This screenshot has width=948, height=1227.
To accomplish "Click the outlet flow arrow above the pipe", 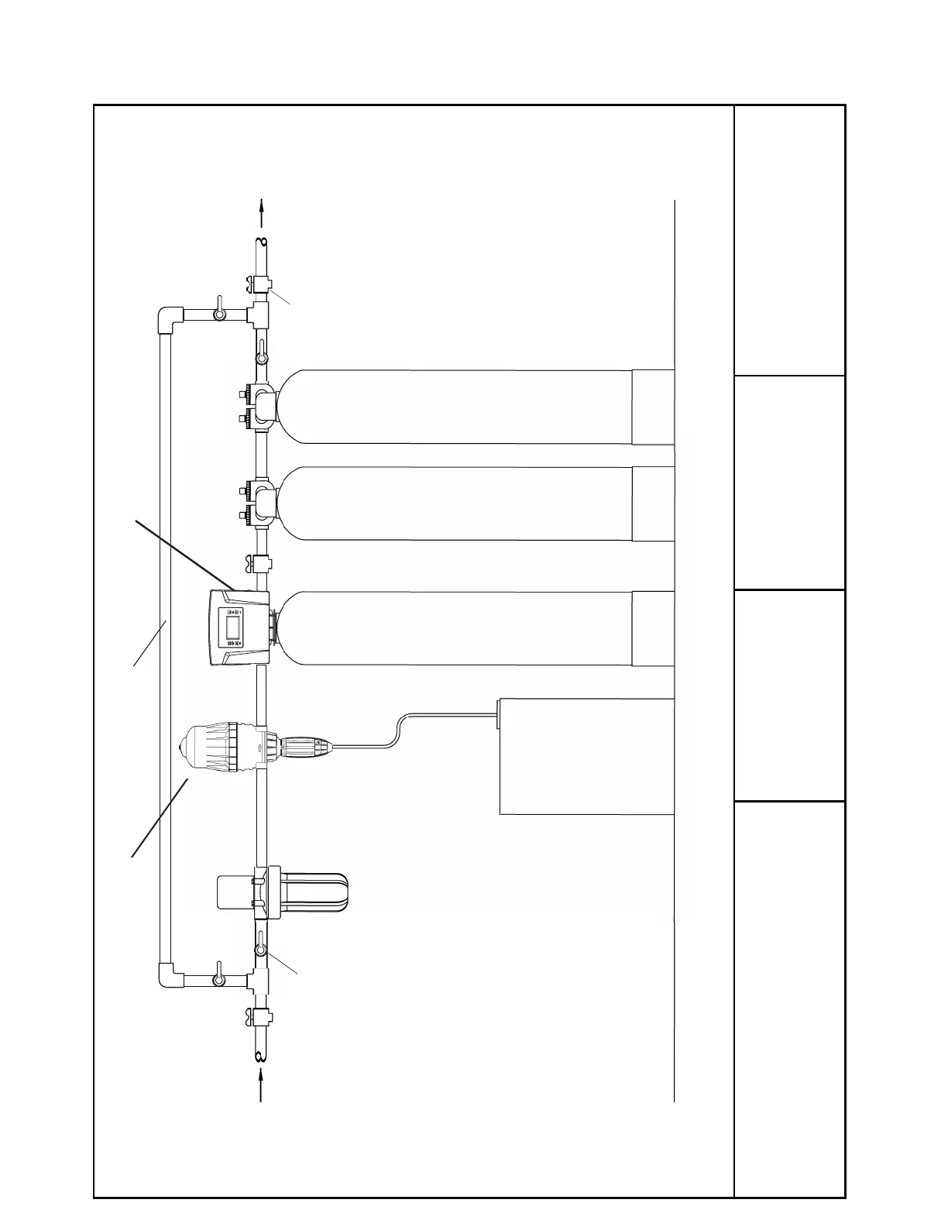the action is pyautogui.click(x=262, y=212).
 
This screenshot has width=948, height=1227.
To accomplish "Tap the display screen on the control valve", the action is pyautogui.click(x=232, y=627).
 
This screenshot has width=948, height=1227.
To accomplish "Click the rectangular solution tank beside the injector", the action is pyautogui.click(x=586, y=756).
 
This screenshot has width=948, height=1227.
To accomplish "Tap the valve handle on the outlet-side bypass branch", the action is pyautogui.click(x=220, y=313).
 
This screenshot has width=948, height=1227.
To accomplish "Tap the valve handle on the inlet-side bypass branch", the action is pyautogui.click(x=220, y=979).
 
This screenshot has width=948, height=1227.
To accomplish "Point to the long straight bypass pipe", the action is pyautogui.click(x=164, y=643).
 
